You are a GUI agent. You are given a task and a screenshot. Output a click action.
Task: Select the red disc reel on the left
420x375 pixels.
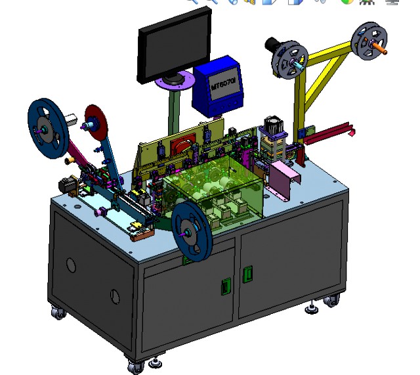pos(98,123)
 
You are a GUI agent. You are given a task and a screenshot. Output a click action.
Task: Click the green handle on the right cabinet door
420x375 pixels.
pos(247,275)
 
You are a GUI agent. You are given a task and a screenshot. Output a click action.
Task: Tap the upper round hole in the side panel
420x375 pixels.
pos(71,265)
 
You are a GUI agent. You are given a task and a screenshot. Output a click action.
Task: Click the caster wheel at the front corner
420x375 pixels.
pos(136,366)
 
